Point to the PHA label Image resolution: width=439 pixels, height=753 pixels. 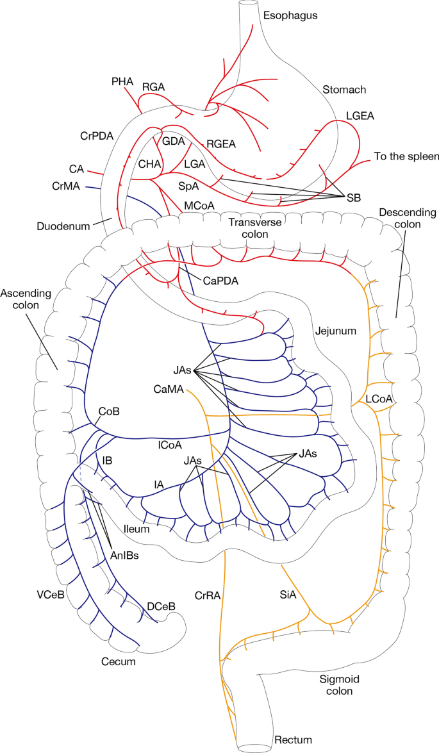[121, 81]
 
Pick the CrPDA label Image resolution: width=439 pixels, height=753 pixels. [97, 136]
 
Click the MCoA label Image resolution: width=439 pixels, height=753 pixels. [199, 205]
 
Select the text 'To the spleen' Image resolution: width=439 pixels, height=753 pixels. [406, 157]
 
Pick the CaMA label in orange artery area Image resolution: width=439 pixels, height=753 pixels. [169, 388]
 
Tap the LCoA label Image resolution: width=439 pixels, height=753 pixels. [380, 398]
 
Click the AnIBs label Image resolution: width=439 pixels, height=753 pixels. [123, 556]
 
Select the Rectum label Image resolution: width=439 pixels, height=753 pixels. [293, 740]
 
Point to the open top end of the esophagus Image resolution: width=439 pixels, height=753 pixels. [248, 5]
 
